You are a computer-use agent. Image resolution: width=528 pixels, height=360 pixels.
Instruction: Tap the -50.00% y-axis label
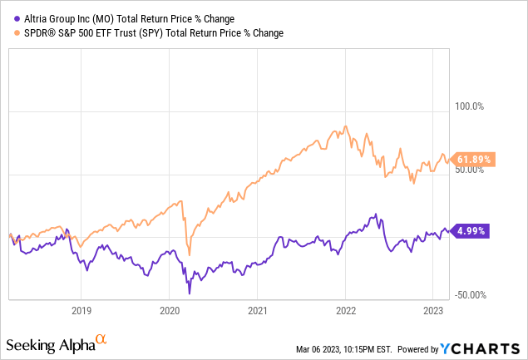pos(472,295)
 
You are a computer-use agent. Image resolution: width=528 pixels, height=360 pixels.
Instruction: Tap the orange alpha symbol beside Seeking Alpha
pos(101,339)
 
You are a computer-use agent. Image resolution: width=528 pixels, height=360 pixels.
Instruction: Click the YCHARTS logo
pos(492,348)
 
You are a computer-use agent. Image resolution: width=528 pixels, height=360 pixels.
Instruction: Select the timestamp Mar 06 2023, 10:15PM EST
pos(369,349)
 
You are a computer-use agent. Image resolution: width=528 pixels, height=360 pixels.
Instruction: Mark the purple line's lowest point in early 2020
pos(190,293)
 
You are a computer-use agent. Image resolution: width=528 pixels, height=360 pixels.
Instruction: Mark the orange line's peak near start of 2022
pos(345,126)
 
